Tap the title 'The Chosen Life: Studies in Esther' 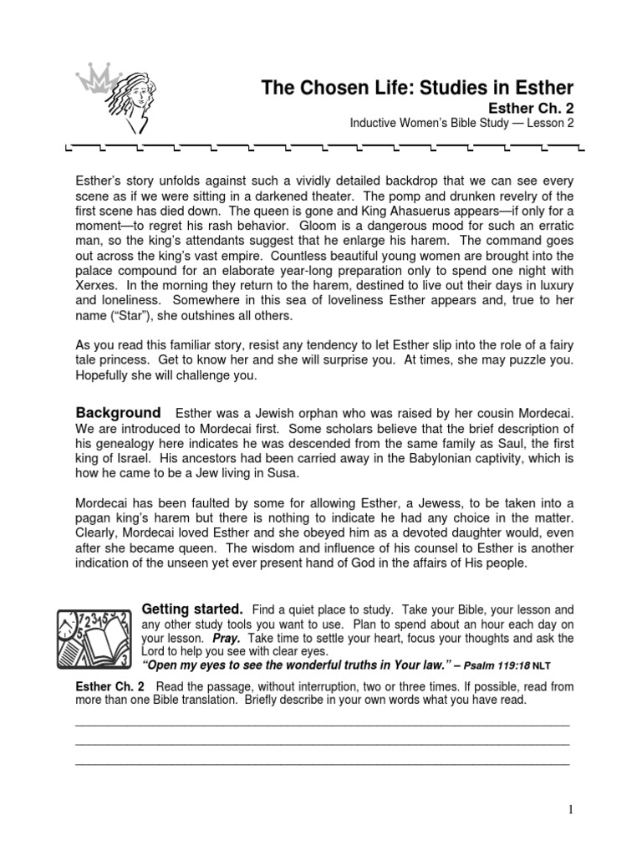418,88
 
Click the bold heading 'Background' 118,413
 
